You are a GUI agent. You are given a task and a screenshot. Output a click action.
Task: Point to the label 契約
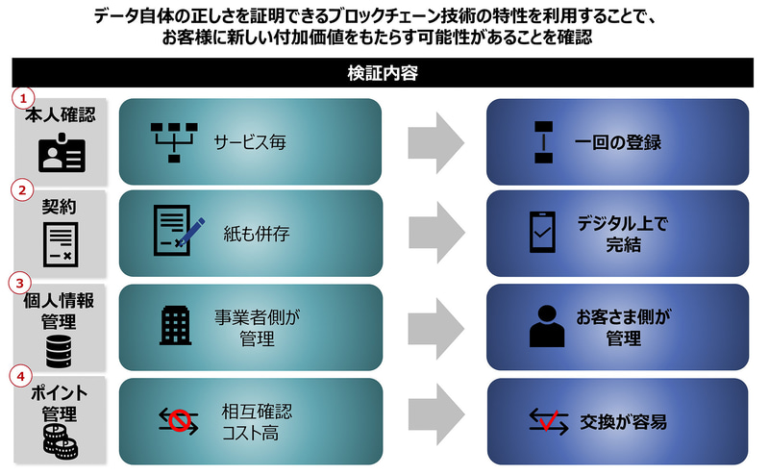point(59,206)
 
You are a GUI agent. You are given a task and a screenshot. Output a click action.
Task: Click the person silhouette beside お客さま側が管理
point(544,327)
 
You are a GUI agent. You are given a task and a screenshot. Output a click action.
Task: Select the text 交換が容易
point(624,421)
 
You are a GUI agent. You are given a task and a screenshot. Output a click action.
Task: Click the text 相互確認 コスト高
point(252,421)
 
